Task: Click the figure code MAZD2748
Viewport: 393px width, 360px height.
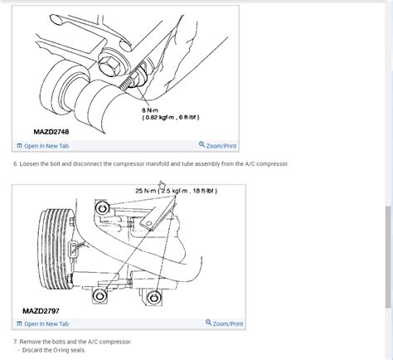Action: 51,132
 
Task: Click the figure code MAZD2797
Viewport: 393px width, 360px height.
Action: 41,311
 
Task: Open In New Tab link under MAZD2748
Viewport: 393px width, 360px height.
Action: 43,146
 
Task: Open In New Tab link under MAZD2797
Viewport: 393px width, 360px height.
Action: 43,324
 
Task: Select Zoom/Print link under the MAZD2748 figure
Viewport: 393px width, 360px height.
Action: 218,145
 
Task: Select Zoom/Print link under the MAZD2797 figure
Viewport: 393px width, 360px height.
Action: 225,324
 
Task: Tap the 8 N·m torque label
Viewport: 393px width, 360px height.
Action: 150,110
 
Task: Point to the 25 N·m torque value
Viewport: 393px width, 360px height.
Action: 145,191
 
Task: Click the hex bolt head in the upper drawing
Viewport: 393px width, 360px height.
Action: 109,66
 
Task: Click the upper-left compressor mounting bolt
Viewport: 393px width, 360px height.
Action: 102,207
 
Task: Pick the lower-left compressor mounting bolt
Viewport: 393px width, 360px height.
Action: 99,295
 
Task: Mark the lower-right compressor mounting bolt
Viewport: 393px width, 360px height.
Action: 153,298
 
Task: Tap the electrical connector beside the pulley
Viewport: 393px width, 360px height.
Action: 73,248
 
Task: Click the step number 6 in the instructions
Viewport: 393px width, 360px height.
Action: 16,164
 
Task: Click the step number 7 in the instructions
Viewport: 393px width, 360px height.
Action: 16,342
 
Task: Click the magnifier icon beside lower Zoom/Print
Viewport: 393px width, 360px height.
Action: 209,323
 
